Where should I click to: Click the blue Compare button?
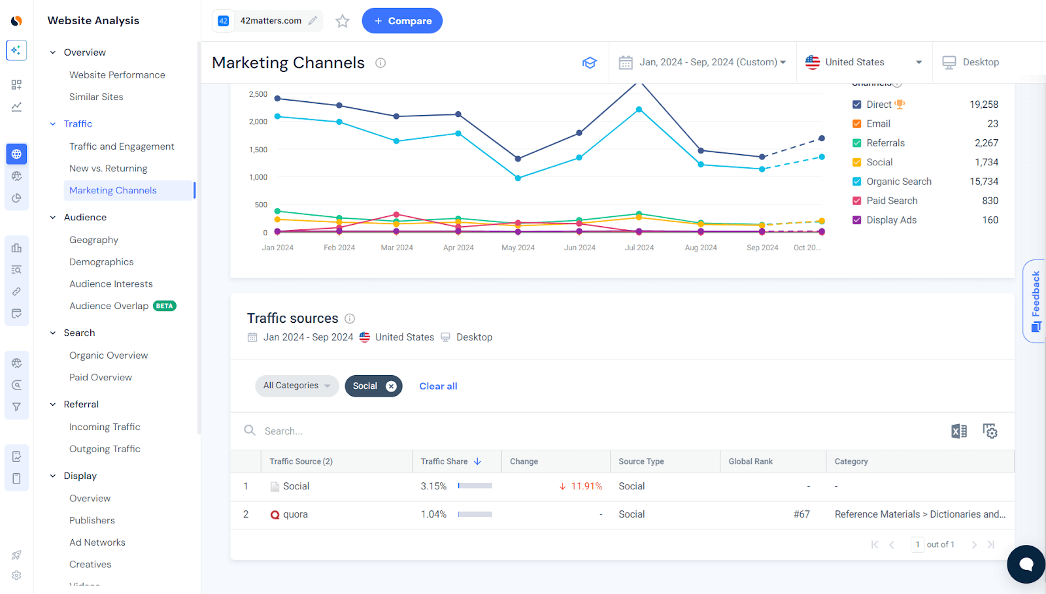click(x=402, y=21)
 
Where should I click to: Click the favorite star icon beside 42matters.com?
click(x=343, y=22)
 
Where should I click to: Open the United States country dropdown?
click(x=863, y=62)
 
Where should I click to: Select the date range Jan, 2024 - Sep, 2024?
click(x=702, y=62)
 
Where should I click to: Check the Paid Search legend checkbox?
click(x=856, y=201)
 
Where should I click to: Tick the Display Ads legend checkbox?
click(x=856, y=220)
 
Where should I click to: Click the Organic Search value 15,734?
click(x=983, y=182)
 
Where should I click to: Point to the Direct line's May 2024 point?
click(x=518, y=159)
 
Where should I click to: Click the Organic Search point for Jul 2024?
click(x=639, y=110)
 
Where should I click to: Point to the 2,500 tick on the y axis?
click(x=258, y=94)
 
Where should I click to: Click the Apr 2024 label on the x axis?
click(x=458, y=248)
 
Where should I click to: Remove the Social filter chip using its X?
click(x=391, y=386)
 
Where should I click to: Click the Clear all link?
click(x=438, y=386)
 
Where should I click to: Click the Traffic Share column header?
click(x=445, y=461)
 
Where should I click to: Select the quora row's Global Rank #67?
click(x=801, y=514)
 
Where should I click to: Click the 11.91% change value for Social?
click(x=586, y=486)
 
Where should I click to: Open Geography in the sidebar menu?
click(x=93, y=240)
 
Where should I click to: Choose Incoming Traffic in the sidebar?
click(x=105, y=427)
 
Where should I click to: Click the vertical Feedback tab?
click(x=1035, y=301)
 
